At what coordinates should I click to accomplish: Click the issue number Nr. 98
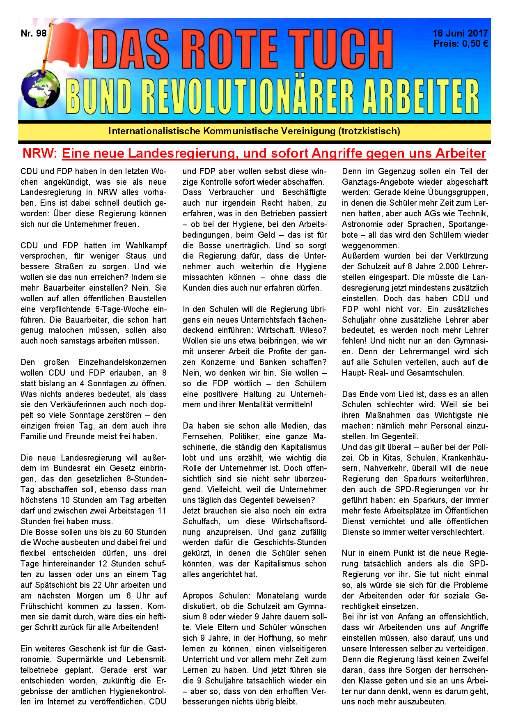[x=34, y=33]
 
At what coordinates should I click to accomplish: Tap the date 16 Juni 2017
[x=460, y=33]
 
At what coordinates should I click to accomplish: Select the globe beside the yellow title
[x=41, y=89]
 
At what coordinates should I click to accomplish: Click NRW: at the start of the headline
[x=40, y=154]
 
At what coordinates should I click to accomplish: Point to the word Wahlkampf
[x=146, y=245]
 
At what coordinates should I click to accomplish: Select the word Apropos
[x=198, y=596]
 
